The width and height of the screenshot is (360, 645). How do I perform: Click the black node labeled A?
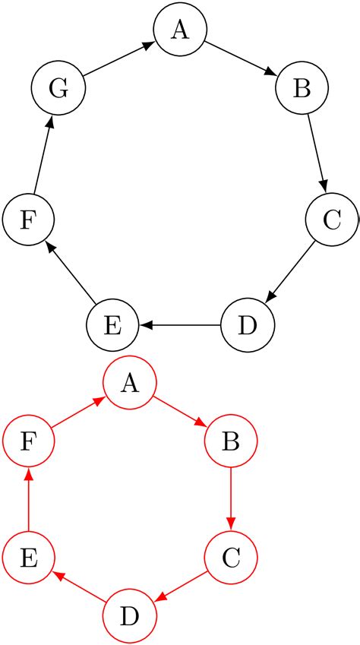pos(180,30)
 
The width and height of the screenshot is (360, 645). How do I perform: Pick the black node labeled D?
pos(248,325)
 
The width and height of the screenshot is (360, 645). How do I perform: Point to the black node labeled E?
pos(112,325)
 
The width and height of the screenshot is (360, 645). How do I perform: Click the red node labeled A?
pos(130,384)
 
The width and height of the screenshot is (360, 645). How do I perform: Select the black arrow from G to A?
pos(118,59)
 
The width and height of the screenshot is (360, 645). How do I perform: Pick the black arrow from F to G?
pos(43,154)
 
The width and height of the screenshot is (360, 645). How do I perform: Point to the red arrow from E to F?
pos(28,501)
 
